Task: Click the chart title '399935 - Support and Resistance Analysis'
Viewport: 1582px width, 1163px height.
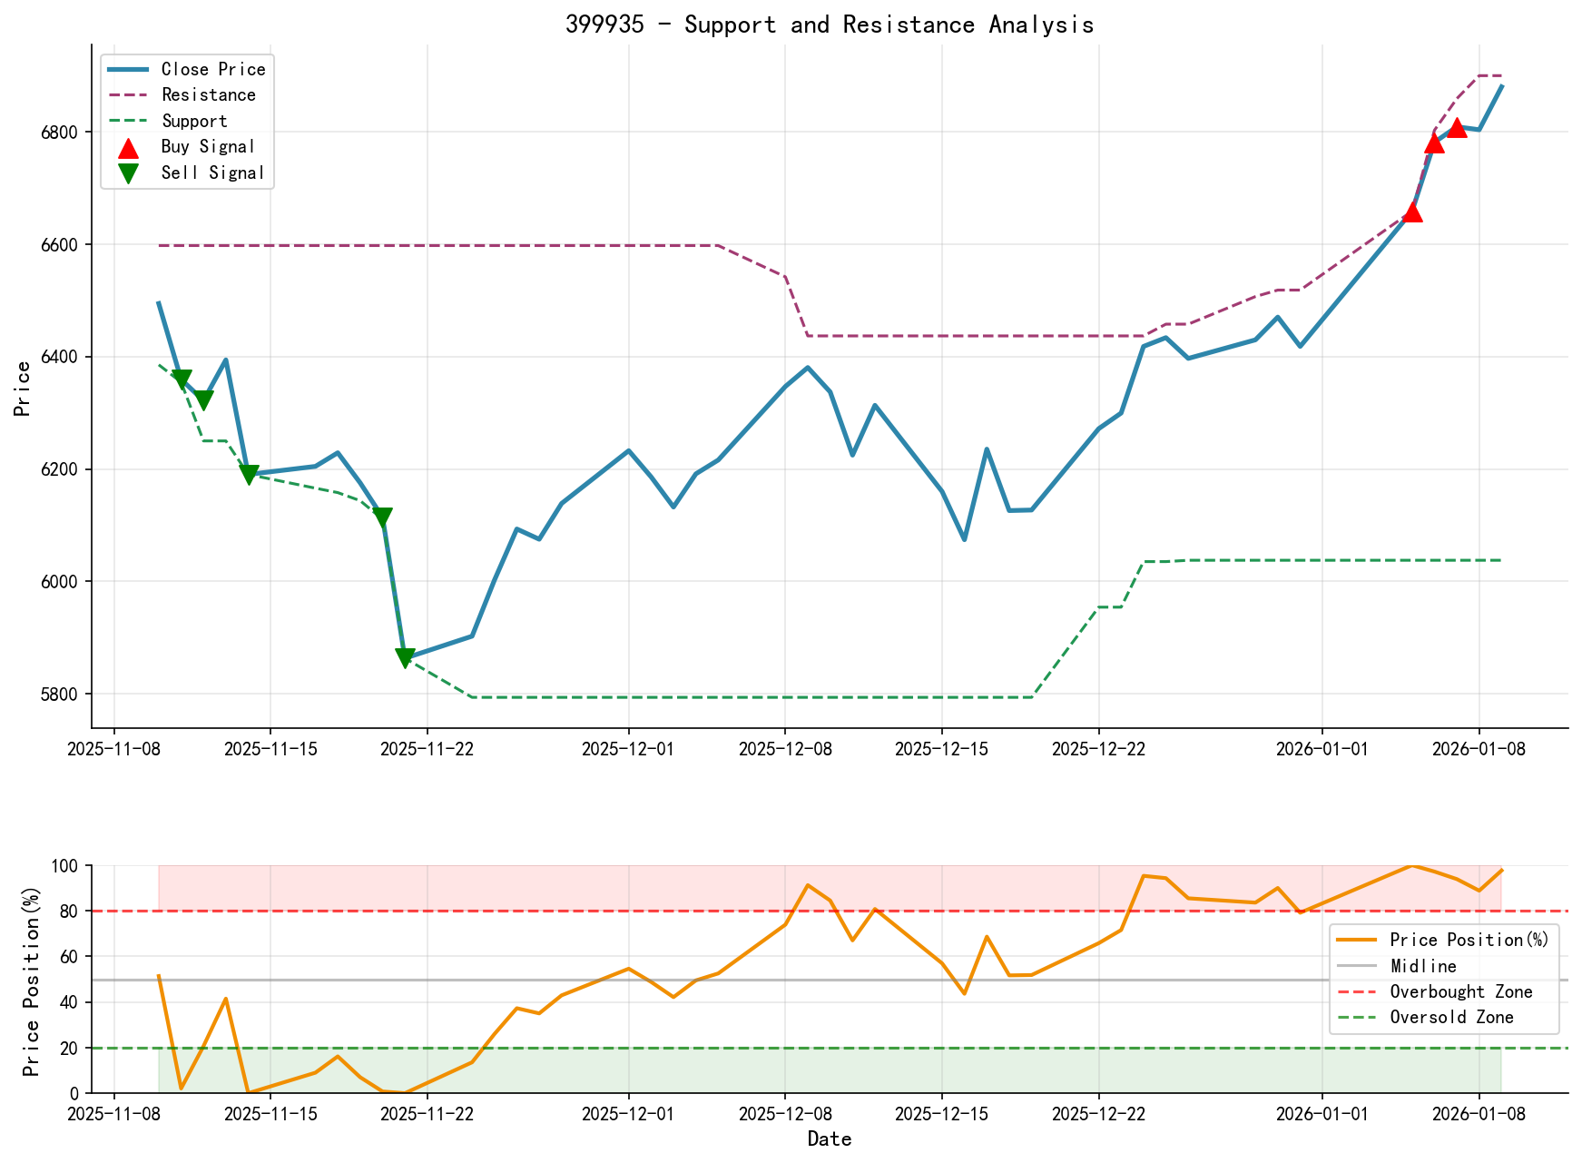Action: tap(830, 25)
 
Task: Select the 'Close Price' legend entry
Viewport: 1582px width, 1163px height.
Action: tap(213, 69)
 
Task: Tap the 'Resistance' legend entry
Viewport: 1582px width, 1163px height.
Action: tap(208, 94)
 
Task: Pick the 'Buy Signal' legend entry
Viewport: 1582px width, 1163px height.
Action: tap(208, 146)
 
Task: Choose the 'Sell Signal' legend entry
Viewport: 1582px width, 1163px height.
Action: tap(212, 172)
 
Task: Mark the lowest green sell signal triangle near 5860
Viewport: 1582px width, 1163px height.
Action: tap(405, 658)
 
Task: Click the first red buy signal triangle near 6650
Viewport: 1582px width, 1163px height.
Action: tap(1411, 212)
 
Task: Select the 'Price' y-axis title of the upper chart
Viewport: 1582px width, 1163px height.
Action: tap(23, 389)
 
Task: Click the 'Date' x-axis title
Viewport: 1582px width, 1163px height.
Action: tap(830, 1138)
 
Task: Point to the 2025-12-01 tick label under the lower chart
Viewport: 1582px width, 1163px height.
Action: tap(628, 1114)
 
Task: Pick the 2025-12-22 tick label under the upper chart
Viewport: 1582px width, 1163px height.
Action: tap(1098, 749)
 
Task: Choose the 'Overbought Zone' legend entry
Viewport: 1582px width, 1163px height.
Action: tap(1460, 991)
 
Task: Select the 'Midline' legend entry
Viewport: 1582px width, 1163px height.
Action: tap(1422, 966)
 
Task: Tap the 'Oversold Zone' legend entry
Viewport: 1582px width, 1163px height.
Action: tap(1451, 1018)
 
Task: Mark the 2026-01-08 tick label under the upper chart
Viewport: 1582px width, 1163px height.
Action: tap(1479, 749)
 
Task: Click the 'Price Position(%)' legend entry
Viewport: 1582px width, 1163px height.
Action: tap(1469, 940)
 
